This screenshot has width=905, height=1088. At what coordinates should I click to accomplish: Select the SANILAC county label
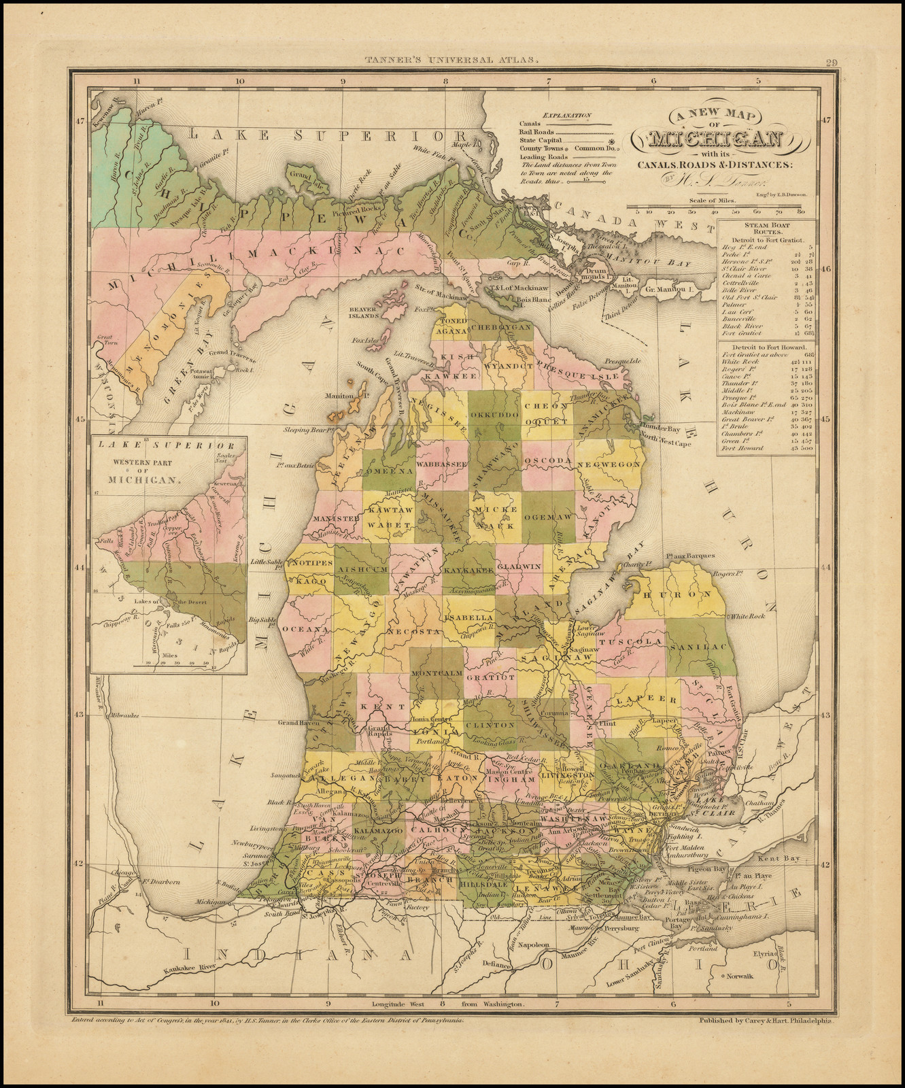(698, 649)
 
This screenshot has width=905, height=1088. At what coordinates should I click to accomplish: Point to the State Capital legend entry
(544, 139)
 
